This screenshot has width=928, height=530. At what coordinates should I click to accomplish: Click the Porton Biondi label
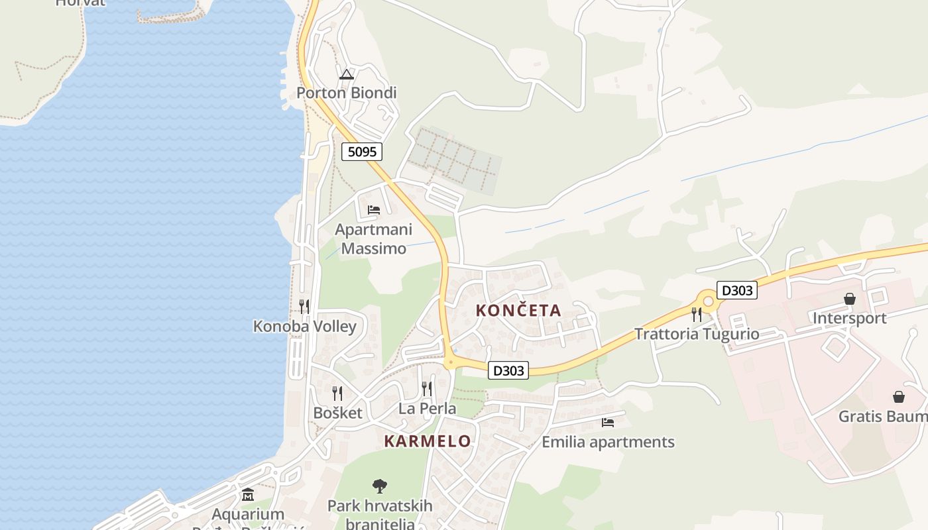pyautogui.click(x=346, y=93)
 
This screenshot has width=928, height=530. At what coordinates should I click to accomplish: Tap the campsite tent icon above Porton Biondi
pyautogui.click(x=347, y=74)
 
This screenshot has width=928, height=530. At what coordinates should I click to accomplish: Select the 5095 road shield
pyautogui.click(x=362, y=152)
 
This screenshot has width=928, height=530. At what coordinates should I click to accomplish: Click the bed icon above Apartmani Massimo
pyautogui.click(x=374, y=210)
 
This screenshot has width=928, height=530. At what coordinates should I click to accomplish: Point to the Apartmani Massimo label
pyautogui.click(x=373, y=239)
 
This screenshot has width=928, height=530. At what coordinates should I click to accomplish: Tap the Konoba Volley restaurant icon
pyautogui.click(x=304, y=306)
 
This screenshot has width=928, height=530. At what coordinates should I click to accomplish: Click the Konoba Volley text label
pyautogui.click(x=305, y=327)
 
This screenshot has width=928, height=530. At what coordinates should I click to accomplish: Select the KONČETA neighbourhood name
pyautogui.click(x=518, y=310)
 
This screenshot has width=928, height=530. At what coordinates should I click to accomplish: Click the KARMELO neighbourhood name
pyautogui.click(x=428, y=441)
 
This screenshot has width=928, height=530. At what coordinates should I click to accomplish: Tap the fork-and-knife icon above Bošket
pyautogui.click(x=337, y=394)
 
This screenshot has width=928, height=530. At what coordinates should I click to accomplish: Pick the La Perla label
pyautogui.click(x=427, y=409)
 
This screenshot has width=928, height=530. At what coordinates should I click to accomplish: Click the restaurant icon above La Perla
pyautogui.click(x=427, y=388)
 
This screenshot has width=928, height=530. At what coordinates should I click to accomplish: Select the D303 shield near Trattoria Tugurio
pyautogui.click(x=736, y=290)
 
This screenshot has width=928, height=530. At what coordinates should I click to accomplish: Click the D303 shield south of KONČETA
pyautogui.click(x=508, y=370)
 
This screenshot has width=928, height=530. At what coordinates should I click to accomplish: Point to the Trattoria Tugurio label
pyautogui.click(x=697, y=334)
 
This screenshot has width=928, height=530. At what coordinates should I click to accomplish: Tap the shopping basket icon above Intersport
pyautogui.click(x=849, y=299)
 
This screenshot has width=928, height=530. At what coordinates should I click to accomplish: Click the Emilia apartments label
pyautogui.click(x=608, y=442)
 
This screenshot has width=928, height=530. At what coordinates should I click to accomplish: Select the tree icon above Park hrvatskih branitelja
pyautogui.click(x=380, y=487)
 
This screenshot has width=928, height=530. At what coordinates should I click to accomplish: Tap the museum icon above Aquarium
pyautogui.click(x=248, y=495)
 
